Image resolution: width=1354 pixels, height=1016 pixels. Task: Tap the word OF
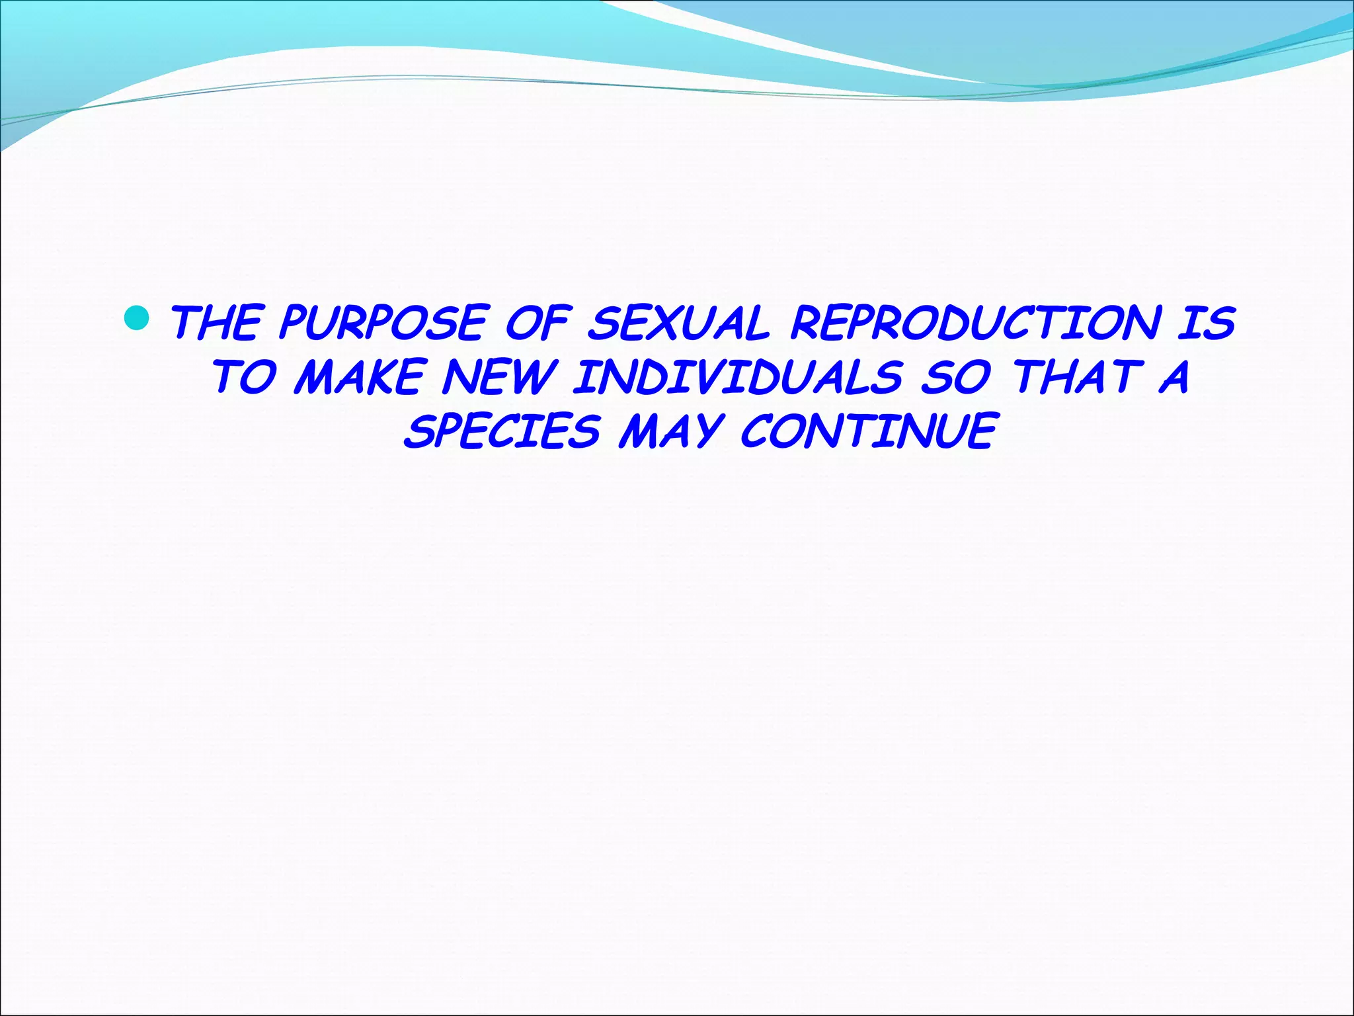pos(537,323)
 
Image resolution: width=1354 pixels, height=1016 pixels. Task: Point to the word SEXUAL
pos(679,323)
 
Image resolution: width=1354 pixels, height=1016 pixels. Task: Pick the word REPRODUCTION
pos(975,323)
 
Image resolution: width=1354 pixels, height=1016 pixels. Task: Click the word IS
pos(1206,323)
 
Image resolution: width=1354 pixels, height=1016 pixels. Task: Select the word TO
pos(243,377)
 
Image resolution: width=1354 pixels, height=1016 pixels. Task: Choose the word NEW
pos(497,377)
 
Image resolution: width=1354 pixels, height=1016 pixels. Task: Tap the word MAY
pos(669,431)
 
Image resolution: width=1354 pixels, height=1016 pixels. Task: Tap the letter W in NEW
pos(531,377)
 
